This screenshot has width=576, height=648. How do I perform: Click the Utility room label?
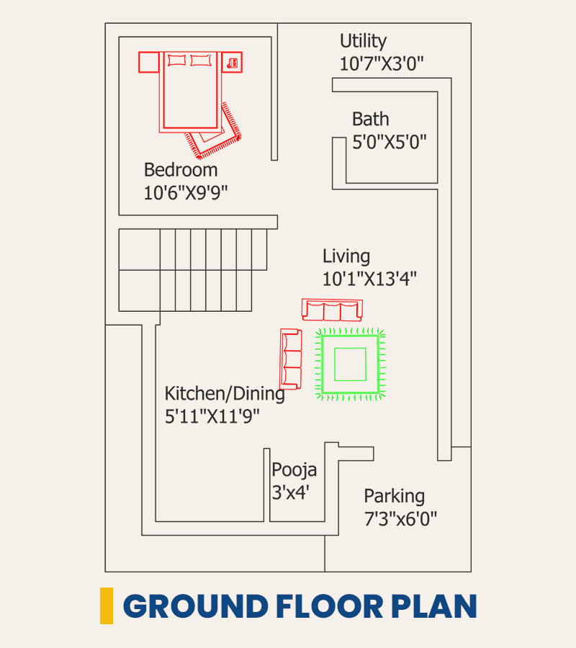[363, 41]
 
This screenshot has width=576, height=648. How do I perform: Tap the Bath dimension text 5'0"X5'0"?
[389, 142]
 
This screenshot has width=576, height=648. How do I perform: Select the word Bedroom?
[181, 170]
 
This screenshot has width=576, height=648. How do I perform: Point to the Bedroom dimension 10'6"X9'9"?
[186, 192]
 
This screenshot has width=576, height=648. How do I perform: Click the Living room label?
[346, 256]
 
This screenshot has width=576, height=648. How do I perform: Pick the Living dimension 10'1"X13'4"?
[369, 279]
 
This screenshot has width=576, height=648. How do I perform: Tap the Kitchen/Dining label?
[225, 393]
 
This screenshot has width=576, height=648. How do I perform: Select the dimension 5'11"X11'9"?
[212, 416]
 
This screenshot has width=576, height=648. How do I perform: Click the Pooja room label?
[294, 470]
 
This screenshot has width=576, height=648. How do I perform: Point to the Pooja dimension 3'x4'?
[291, 492]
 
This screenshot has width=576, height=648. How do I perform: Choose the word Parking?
[394, 496]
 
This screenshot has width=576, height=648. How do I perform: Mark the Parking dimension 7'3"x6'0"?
[400, 518]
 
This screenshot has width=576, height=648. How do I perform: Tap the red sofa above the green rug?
[332, 310]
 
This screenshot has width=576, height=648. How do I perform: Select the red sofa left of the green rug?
[291, 359]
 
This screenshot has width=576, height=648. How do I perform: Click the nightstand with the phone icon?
[233, 63]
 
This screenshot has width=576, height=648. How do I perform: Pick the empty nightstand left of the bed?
[149, 63]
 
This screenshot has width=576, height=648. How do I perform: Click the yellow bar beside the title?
[107, 606]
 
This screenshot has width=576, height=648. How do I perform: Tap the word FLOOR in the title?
[330, 606]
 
